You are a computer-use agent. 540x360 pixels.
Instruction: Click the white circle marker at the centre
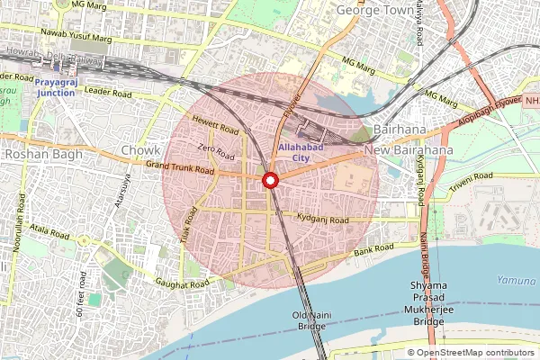(x=270, y=180)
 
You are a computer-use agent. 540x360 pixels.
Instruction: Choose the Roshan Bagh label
(x=44, y=155)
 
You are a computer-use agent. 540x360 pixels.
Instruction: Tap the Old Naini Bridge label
(x=311, y=320)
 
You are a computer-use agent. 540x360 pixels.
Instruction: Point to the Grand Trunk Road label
(x=179, y=167)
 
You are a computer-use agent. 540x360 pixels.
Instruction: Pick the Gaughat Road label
(x=182, y=283)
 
